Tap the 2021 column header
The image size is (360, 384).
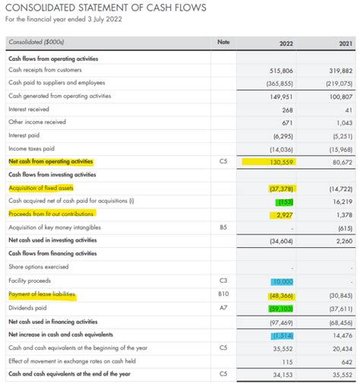343,43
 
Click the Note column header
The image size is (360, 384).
223,42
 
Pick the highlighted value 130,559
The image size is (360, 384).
281,162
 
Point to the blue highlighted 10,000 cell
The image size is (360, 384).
283,281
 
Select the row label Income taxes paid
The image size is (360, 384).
31,148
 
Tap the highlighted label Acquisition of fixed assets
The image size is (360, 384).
41,188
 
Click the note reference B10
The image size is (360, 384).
223,294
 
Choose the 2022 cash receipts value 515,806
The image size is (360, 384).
281,69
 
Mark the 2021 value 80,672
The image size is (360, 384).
342,162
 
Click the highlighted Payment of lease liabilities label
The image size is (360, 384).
43,294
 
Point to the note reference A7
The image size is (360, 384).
223,308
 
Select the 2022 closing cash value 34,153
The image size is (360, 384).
282,374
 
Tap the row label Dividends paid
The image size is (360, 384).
27,308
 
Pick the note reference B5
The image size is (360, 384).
223,227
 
